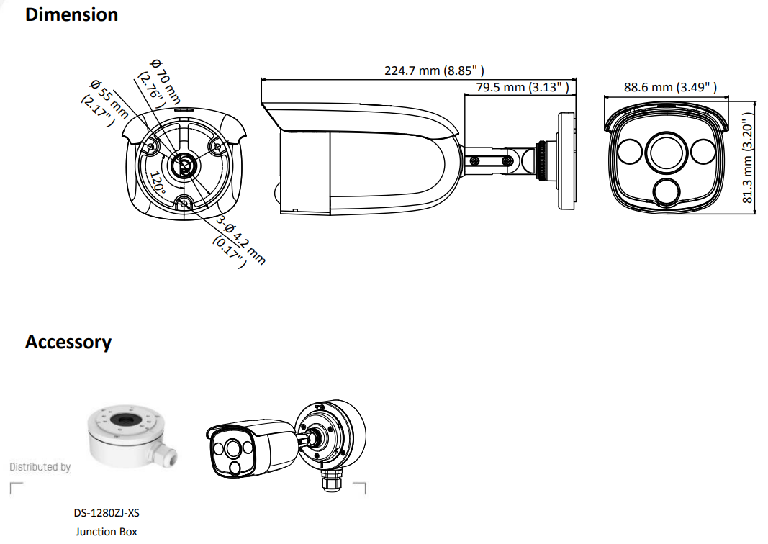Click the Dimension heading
click(71, 14)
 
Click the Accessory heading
click(68, 342)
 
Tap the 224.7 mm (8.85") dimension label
click(434, 71)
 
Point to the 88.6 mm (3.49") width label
click(670, 87)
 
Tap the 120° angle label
click(158, 183)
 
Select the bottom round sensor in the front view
click(667, 191)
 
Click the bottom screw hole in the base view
click(184, 204)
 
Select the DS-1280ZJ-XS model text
click(106, 514)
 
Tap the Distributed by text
click(40, 467)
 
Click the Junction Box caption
click(106, 532)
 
